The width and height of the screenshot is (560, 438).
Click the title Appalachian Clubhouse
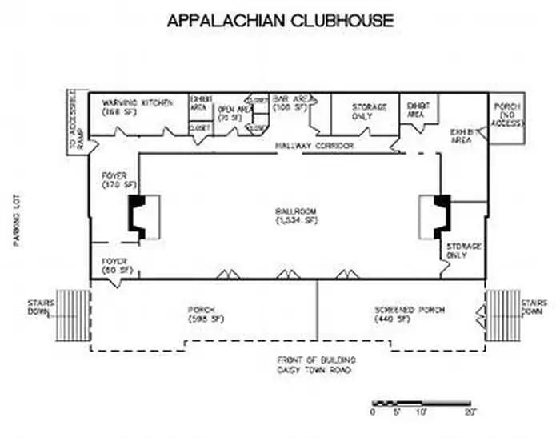(x=280, y=21)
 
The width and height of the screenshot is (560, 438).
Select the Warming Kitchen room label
(x=137, y=107)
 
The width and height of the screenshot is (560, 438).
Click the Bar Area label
(x=290, y=102)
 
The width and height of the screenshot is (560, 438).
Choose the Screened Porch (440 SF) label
(x=408, y=314)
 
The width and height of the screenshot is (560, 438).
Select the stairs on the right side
(x=502, y=315)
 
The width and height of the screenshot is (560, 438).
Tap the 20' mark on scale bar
(x=470, y=412)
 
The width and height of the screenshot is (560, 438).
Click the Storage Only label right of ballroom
(x=464, y=251)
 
